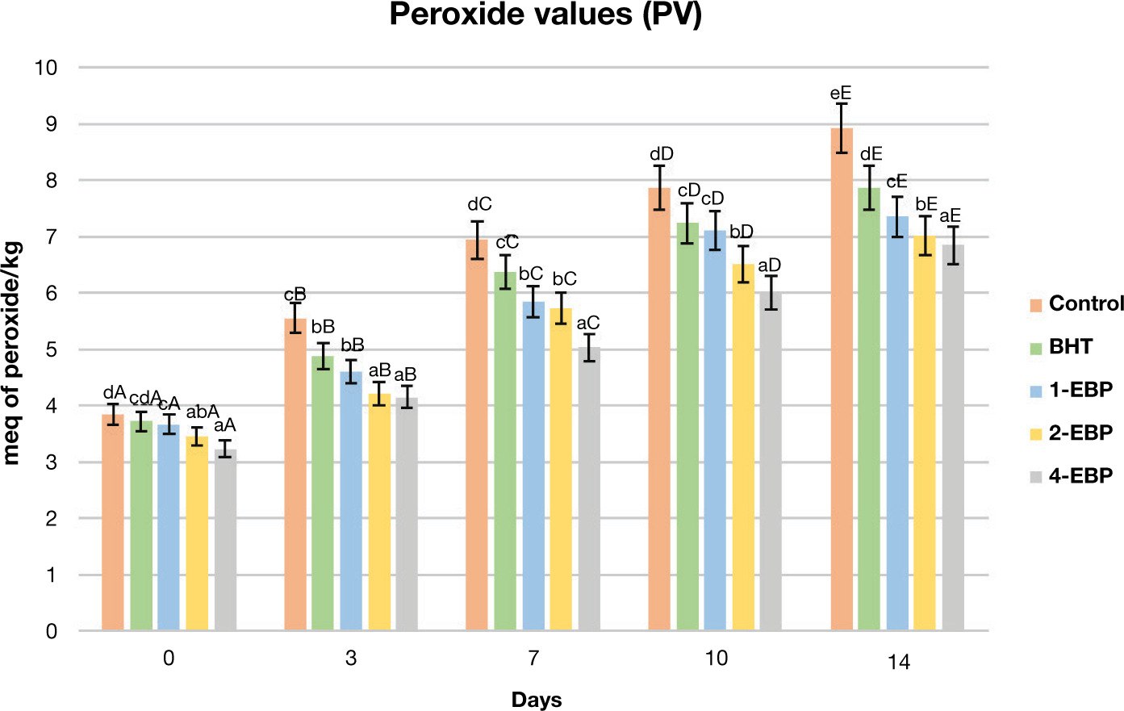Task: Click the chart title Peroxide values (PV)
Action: pos(545,15)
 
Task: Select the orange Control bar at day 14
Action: pos(842,379)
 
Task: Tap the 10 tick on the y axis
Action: pos(46,68)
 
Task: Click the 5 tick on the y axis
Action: pos(52,349)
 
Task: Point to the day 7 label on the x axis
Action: pos(533,659)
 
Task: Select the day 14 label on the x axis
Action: pos(898,663)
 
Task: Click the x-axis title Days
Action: pos(537,700)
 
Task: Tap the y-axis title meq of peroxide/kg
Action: pos(12,353)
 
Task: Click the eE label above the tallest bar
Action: pos(841,94)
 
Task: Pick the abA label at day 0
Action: pos(203,412)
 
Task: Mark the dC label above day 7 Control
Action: pos(479,205)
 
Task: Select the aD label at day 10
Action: pos(769,266)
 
